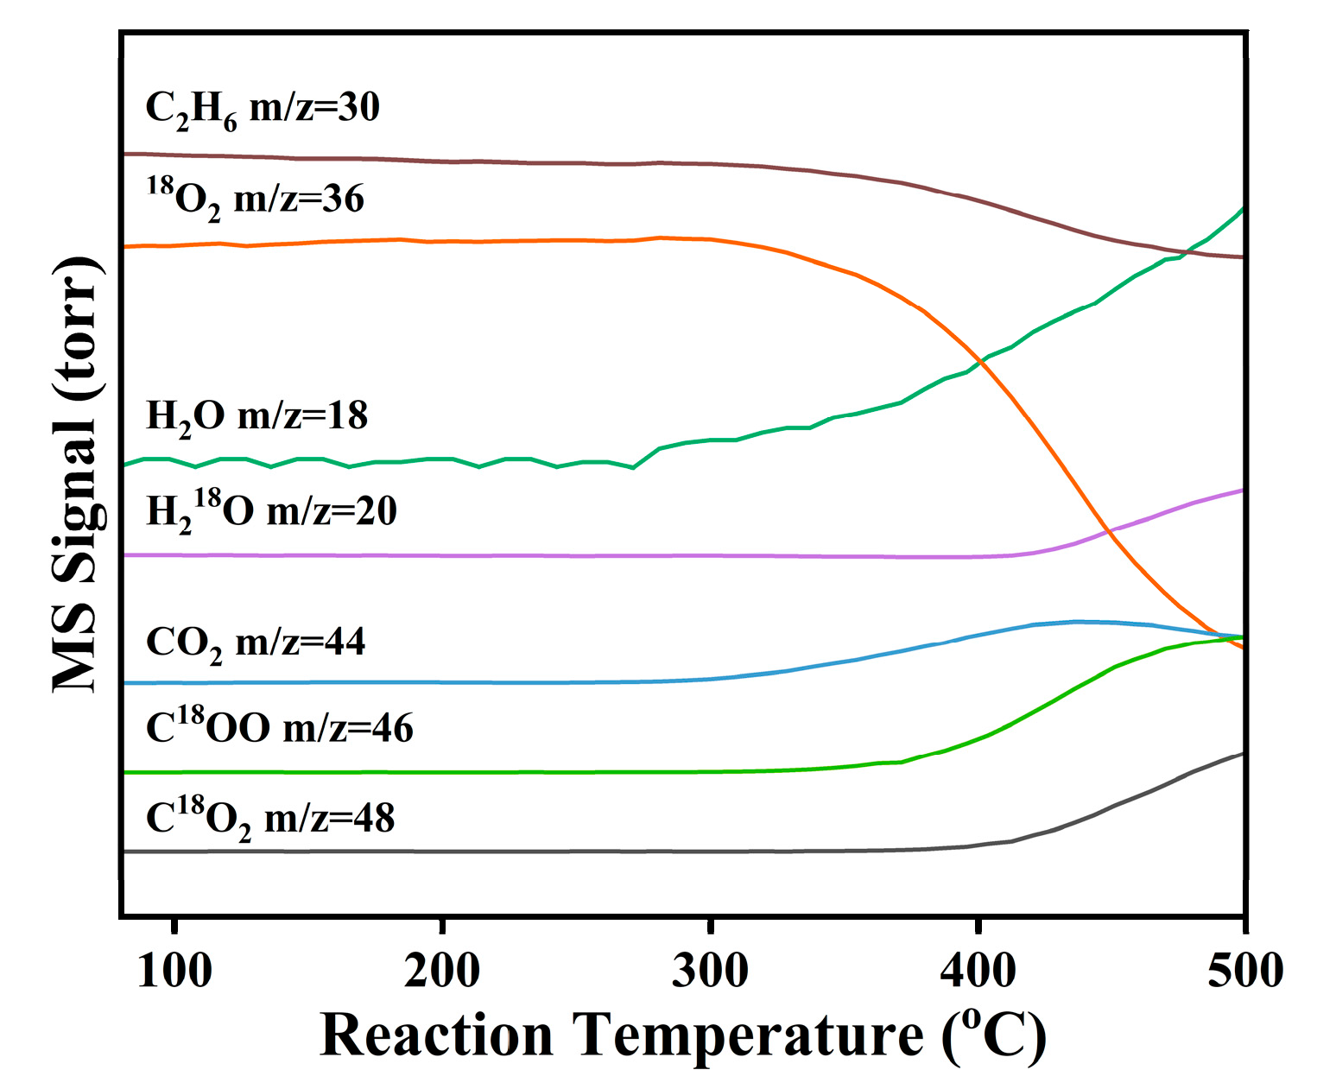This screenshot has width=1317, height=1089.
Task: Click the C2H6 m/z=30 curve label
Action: click(263, 110)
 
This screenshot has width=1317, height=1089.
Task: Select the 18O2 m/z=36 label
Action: click(256, 199)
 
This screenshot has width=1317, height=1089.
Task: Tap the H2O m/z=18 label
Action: click(257, 416)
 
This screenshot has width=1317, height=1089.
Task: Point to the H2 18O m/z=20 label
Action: click(272, 510)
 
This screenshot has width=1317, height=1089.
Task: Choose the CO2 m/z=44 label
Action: click(256, 643)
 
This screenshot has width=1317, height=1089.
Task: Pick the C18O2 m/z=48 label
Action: click(270, 818)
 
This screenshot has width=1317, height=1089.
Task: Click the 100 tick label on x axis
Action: click(174, 971)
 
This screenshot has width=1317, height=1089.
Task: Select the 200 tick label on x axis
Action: click(442, 971)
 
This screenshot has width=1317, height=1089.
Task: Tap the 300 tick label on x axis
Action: click(710, 971)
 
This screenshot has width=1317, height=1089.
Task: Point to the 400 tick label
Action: click(978, 971)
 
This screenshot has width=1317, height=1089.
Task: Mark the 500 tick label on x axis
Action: click(1244, 971)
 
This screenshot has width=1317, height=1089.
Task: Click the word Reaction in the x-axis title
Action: click(436, 1035)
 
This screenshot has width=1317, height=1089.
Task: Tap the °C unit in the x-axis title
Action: click(993, 1035)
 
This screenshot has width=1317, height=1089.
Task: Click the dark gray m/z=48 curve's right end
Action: click(1242, 754)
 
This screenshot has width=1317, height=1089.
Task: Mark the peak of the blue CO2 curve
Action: click(1076, 621)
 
